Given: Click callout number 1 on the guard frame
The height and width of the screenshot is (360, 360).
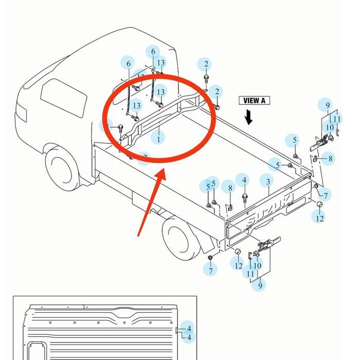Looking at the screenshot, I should click(x=159, y=138).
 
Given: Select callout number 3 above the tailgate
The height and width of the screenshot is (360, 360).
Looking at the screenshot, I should click(x=268, y=181).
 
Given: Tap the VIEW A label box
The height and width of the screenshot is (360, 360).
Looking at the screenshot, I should click(x=254, y=100).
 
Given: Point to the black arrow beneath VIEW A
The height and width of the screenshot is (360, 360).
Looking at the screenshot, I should click(x=249, y=118).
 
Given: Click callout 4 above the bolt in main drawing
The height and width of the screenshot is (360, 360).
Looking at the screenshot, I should click(x=245, y=181).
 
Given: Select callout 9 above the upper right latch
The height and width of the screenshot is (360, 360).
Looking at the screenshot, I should click(x=327, y=105).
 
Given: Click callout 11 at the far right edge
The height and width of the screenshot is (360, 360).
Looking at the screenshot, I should click(x=337, y=119).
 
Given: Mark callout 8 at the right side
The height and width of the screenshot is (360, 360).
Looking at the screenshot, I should click(x=330, y=159).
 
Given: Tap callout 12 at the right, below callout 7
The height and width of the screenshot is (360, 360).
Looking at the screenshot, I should click(x=320, y=218).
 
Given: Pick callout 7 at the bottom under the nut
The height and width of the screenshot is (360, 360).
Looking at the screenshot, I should click(x=210, y=270).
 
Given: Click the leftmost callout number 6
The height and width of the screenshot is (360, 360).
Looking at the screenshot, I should click(x=129, y=64).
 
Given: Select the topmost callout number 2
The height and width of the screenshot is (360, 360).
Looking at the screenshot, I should click(x=206, y=64).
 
